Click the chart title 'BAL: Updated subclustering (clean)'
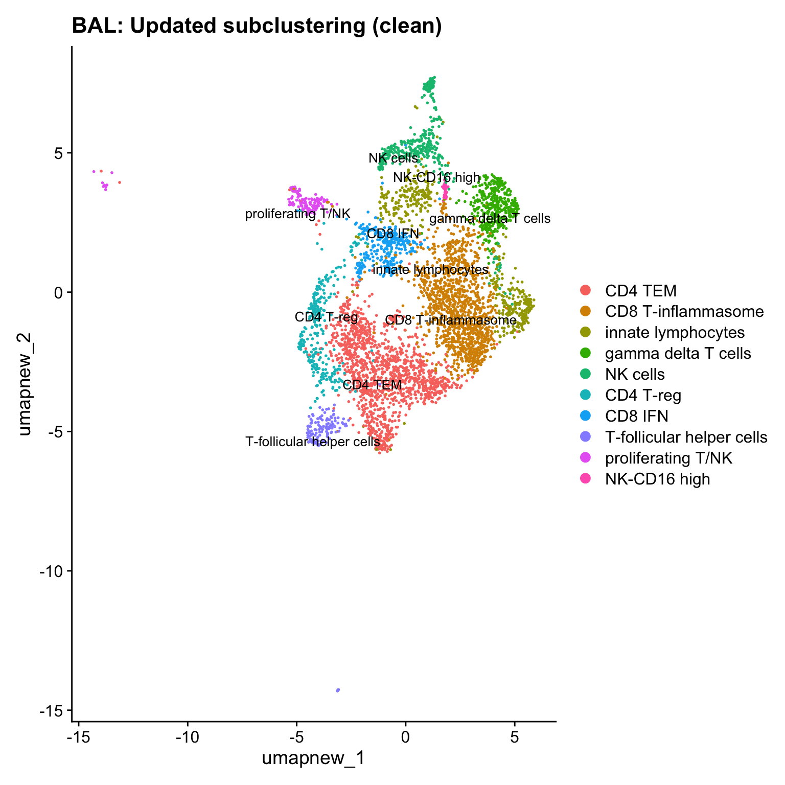coord(257,26)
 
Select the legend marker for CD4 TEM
coord(586,291)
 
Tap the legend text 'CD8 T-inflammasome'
coord(684,312)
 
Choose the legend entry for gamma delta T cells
coord(678,353)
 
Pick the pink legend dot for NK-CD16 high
coord(586,479)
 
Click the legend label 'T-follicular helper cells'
coord(686,437)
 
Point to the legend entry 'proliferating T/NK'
coord(668,458)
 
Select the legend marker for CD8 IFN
coord(586,416)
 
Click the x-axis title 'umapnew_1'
coord(313,758)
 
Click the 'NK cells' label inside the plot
coord(393,158)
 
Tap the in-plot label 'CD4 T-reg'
coord(326,317)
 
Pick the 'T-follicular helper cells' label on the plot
coord(312,442)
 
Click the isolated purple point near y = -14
coord(338,690)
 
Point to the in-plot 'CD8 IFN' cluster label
coord(392,234)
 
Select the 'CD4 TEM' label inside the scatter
coord(372,385)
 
